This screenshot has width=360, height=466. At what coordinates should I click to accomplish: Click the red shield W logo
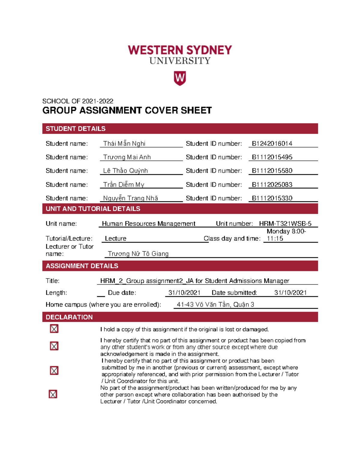pos(180,78)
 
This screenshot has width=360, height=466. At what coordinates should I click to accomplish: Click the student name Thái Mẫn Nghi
pos(124,144)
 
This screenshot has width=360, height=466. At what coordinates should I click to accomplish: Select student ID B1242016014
pos(272,144)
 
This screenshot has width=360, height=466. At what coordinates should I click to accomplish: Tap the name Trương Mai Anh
pos(127,157)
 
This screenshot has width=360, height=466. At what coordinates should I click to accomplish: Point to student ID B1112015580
pos(272,171)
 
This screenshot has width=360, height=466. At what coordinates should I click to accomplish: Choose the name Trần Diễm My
pos(124,185)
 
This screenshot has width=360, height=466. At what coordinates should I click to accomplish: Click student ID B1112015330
pos(272,198)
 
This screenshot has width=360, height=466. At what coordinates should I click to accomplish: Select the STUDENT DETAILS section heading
pos(76,129)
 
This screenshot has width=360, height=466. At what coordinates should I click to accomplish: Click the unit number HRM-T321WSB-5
pos(285,224)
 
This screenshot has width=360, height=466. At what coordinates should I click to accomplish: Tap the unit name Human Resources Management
pos(148,224)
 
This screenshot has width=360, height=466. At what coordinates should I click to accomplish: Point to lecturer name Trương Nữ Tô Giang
pos(138,254)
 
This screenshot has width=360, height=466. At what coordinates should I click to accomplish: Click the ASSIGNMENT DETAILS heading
pos(82,266)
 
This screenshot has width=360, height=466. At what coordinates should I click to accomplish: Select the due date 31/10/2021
pos(184,293)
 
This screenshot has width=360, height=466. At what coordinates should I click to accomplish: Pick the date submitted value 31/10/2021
pos(290,293)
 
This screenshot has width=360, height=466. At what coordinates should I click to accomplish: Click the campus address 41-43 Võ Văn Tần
pos(215,305)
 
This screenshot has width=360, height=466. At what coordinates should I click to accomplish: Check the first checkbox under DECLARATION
pos(54,329)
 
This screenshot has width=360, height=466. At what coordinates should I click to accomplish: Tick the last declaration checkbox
pos(53,394)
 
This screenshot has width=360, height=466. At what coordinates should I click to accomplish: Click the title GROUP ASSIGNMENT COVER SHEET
pos(127,110)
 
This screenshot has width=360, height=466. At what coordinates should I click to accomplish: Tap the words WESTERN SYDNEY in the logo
pos(180,50)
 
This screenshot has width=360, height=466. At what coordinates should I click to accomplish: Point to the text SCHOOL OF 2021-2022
pos(78,101)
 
